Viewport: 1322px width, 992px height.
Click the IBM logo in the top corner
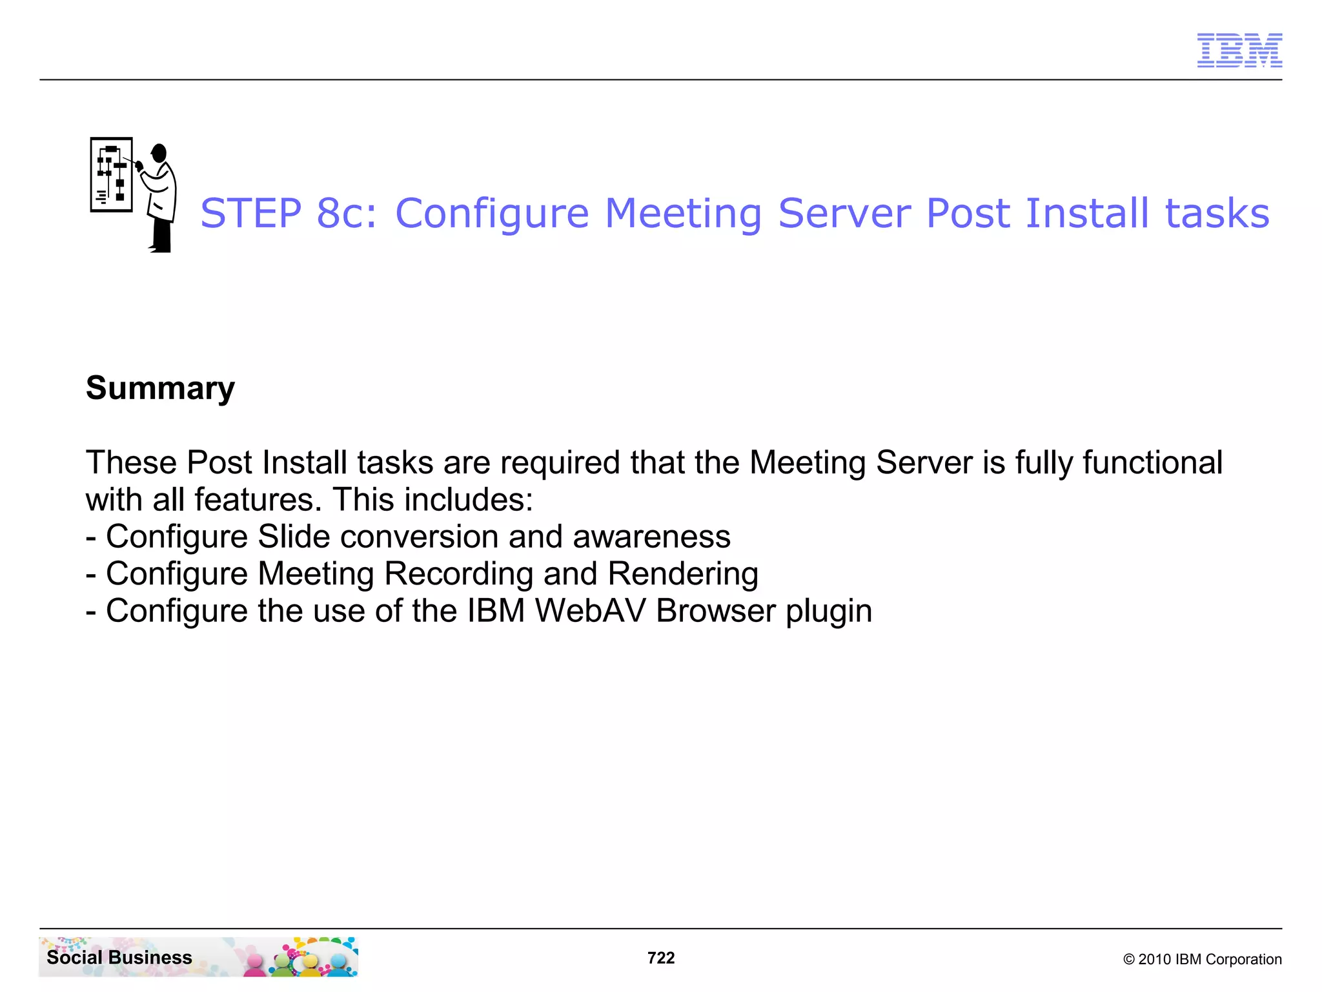tap(1239, 50)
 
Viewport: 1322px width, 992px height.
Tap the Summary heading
tap(160, 388)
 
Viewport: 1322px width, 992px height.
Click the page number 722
tap(660, 958)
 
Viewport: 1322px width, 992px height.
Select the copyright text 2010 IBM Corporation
tap(1202, 959)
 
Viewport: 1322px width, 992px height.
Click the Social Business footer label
tap(119, 957)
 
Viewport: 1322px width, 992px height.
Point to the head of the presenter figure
tap(159, 153)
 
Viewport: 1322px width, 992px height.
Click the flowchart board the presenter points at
tap(112, 174)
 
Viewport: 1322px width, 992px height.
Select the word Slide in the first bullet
tap(293, 537)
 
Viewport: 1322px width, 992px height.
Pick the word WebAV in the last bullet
tap(590, 611)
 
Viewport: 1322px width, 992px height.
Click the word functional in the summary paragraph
tap(1152, 462)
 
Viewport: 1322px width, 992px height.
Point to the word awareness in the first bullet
tap(651, 537)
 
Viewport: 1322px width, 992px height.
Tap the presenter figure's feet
tap(161, 248)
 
